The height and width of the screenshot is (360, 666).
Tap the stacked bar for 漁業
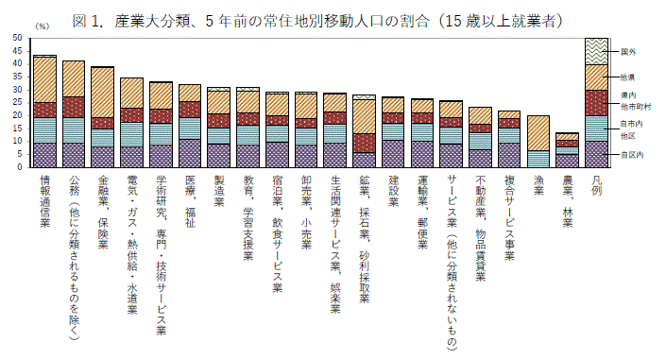coord(538,142)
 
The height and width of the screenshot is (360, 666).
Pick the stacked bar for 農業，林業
coord(567,150)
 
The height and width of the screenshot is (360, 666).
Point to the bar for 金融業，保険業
coord(102,117)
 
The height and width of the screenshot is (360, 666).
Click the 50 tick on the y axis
coord(18,39)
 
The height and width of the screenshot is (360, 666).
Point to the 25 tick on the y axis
coord(18,103)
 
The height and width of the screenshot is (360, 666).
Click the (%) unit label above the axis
coord(41,27)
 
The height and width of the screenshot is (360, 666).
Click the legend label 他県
coord(628,77)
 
